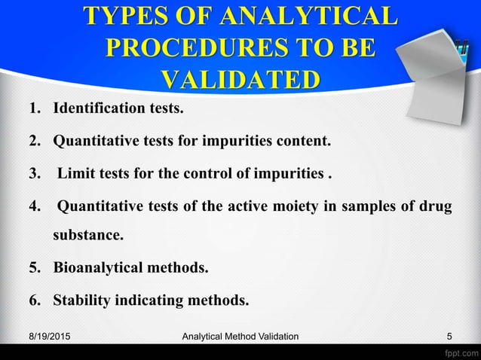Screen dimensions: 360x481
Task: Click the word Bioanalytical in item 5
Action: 100,268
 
